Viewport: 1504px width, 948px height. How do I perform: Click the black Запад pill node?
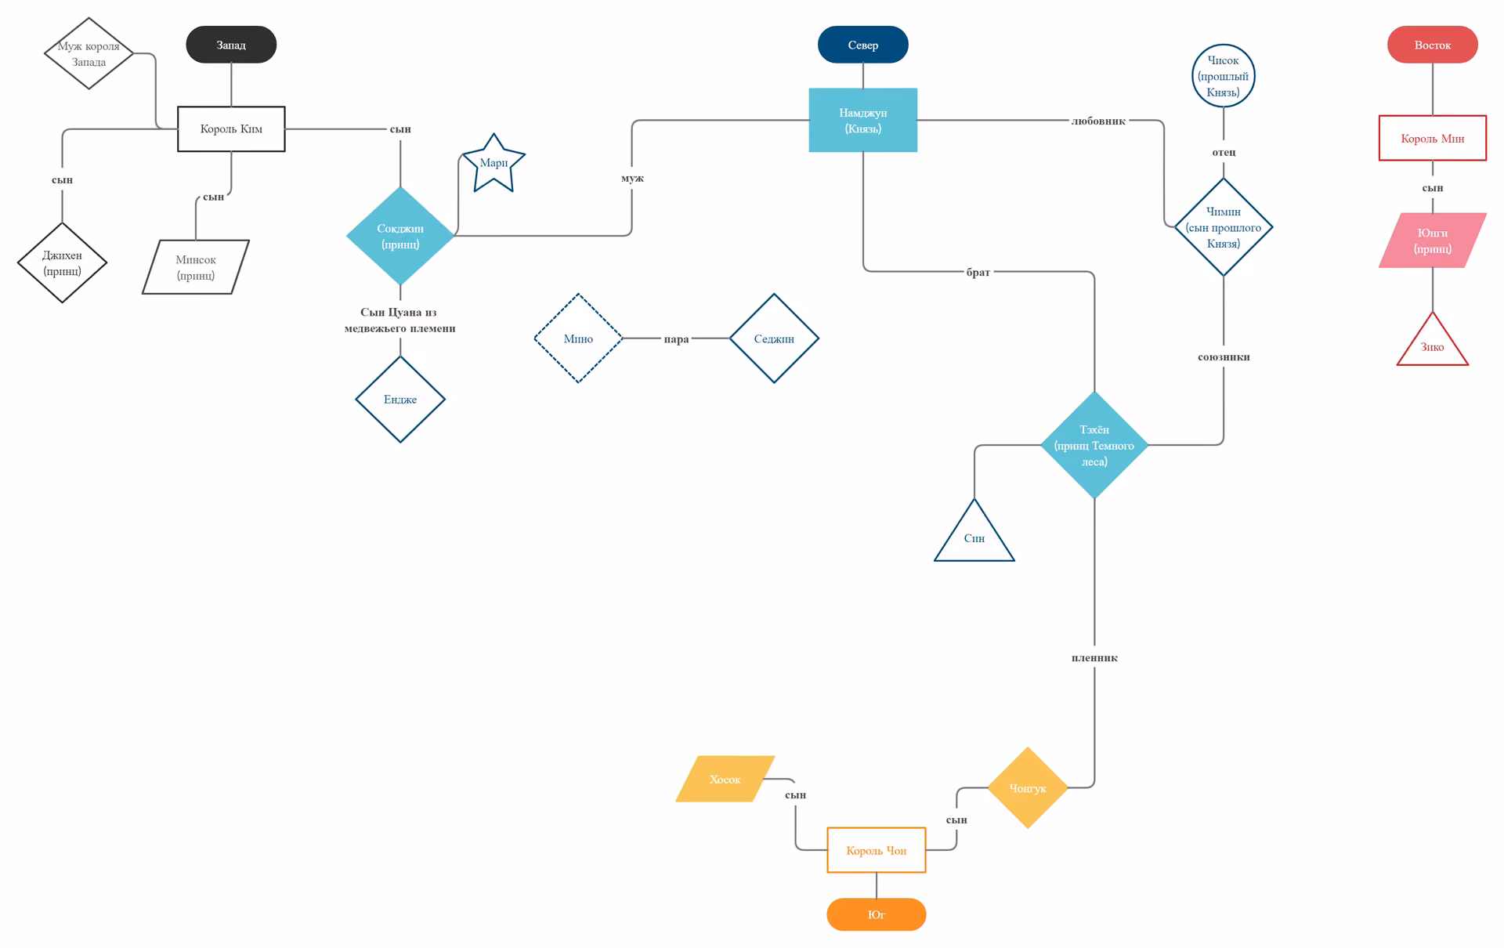pos(231,45)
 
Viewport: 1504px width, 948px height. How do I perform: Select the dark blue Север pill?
pos(862,45)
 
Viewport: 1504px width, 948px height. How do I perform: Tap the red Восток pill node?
pos(1432,45)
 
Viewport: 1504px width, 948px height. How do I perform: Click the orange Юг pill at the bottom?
pos(876,914)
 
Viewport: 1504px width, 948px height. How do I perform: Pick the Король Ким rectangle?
pos(231,128)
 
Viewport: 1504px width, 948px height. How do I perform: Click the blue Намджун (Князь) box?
pos(862,120)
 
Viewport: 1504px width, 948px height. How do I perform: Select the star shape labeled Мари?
pos(493,164)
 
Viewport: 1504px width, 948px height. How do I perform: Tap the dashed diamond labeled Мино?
pos(578,338)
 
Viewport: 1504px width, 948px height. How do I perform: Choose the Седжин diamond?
pos(774,338)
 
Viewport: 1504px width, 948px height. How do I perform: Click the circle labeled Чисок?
pos(1223,76)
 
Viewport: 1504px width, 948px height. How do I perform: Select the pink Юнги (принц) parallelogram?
pos(1432,241)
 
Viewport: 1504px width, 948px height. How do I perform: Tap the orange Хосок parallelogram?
pos(725,779)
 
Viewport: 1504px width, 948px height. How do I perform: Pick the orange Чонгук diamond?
pos(1027,787)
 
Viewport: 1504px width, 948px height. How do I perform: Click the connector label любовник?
pos(1098,121)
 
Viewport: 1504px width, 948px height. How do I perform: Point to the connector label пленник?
pos(1094,658)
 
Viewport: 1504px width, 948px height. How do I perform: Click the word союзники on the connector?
pos(1224,357)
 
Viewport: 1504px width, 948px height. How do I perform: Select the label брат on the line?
pos(978,272)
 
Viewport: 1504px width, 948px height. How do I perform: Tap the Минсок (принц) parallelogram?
pos(196,267)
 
